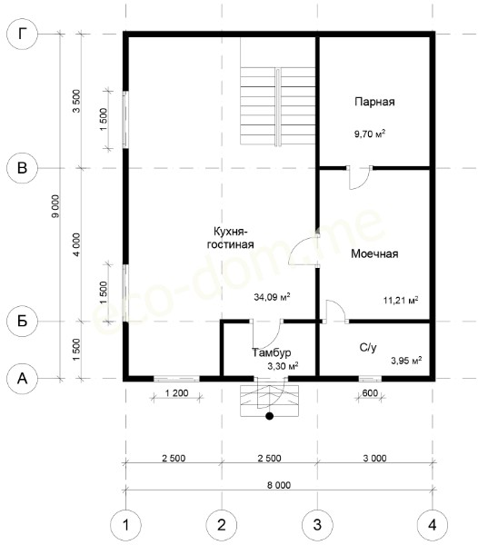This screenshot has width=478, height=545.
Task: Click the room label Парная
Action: click(374, 102)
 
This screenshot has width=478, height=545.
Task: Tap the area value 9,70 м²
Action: click(370, 134)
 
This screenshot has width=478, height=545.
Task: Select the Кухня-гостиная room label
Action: click(230, 238)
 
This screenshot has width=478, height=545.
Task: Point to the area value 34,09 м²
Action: click(272, 297)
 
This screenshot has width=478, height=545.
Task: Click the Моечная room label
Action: click(374, 253)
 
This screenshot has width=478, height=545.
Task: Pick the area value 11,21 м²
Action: click(401, 300)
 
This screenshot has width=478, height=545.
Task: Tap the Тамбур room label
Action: click(272, 352)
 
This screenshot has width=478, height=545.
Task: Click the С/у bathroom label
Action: click(368, 347)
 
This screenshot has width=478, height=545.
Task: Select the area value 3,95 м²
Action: click(406, 361)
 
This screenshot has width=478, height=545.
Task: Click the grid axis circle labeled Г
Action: click(22, 35)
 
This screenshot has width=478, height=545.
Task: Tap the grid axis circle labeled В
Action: click(22, 168)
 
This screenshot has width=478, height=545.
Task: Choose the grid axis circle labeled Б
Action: click(22, 322)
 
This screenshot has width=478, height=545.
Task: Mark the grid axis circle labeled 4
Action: click(433, 525)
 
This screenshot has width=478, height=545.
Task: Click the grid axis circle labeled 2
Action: click(222, 525)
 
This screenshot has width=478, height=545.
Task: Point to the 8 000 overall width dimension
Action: click(279, 485)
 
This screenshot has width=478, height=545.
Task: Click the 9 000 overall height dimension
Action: click(55, 206)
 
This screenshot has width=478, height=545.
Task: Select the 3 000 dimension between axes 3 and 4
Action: click(374, 458)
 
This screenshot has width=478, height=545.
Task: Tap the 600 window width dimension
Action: click(370, 393)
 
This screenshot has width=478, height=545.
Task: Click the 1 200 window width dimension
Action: click(176, 393)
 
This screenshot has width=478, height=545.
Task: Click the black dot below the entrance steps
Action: click(269, 416)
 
